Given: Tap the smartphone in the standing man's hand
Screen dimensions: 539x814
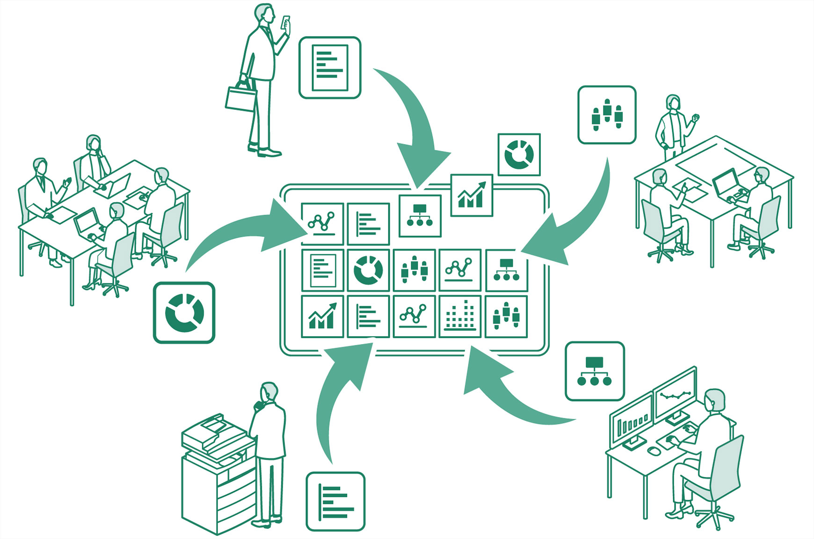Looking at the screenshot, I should tap(285, 22).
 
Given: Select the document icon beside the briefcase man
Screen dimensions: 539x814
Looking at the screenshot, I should tap(330, 68).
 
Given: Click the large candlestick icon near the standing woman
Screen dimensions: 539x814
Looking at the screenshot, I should tap(607, 115).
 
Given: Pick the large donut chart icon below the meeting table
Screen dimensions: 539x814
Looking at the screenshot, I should tap(184, 312).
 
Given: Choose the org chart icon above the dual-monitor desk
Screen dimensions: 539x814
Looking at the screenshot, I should tap(595, 371).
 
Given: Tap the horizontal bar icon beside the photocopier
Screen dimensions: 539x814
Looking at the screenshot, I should tap(335, 501).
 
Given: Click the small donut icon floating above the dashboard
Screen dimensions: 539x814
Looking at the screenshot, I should tap(519, 155).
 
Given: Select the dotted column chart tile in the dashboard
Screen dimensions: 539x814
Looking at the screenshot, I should tap(460, 316).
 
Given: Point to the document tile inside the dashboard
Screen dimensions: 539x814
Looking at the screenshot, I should tap(322, 270).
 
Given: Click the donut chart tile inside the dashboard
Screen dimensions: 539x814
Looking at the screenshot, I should tap(368, 270).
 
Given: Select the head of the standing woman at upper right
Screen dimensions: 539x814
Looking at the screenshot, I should tap(673, 102).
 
